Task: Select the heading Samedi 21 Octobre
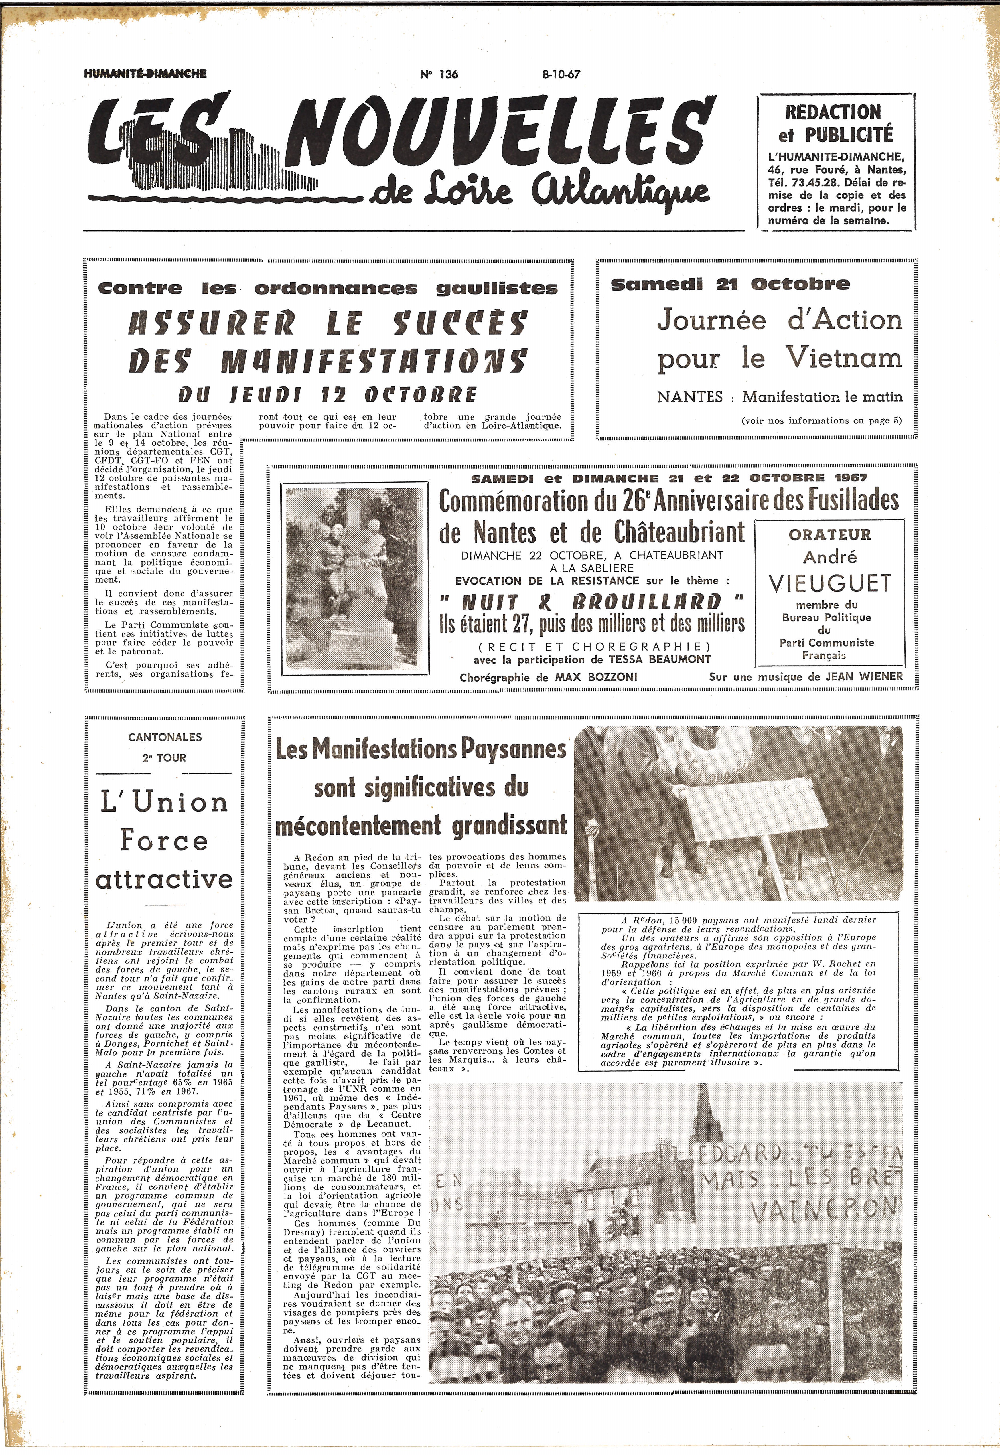(x=730, y=284)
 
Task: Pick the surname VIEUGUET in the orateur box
(x=829, y=583)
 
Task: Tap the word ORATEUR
(x=829, y=534)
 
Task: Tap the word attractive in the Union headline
(x=164, y=879)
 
